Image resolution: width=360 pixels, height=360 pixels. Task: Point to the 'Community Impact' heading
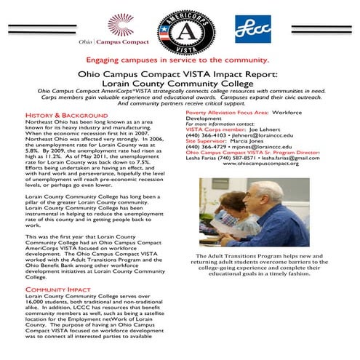click(x=47, y=289)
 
